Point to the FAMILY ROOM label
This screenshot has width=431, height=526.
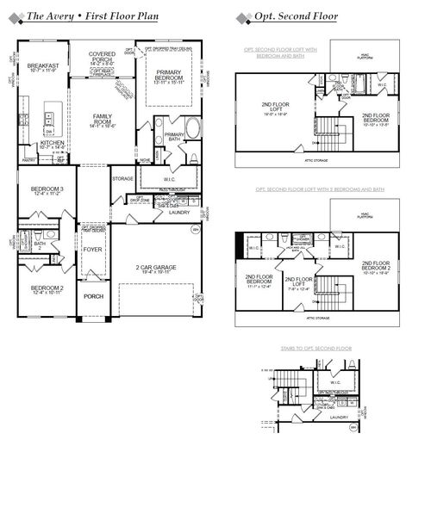(x=103, y=121)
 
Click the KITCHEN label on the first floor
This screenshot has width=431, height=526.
(x=41, y=143)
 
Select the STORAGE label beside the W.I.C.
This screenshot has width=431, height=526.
(x=122, y=178)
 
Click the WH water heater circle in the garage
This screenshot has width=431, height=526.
(x=195, y=230)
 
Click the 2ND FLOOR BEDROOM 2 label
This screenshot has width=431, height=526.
(x=377, y=268)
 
